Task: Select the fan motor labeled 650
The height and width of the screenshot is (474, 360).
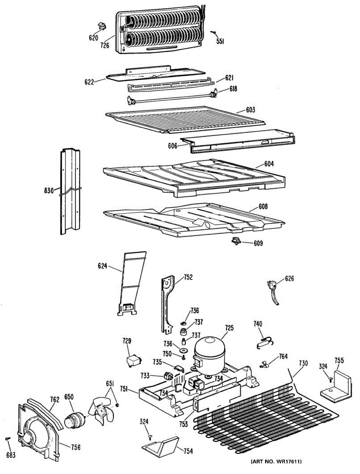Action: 74,419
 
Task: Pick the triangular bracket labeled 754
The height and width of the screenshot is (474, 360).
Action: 162,446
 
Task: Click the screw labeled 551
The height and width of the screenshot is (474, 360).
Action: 213,33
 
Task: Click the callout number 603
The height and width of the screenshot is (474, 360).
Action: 250,109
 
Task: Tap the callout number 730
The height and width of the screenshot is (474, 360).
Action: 303,363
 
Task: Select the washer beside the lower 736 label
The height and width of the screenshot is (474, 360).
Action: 183,350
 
